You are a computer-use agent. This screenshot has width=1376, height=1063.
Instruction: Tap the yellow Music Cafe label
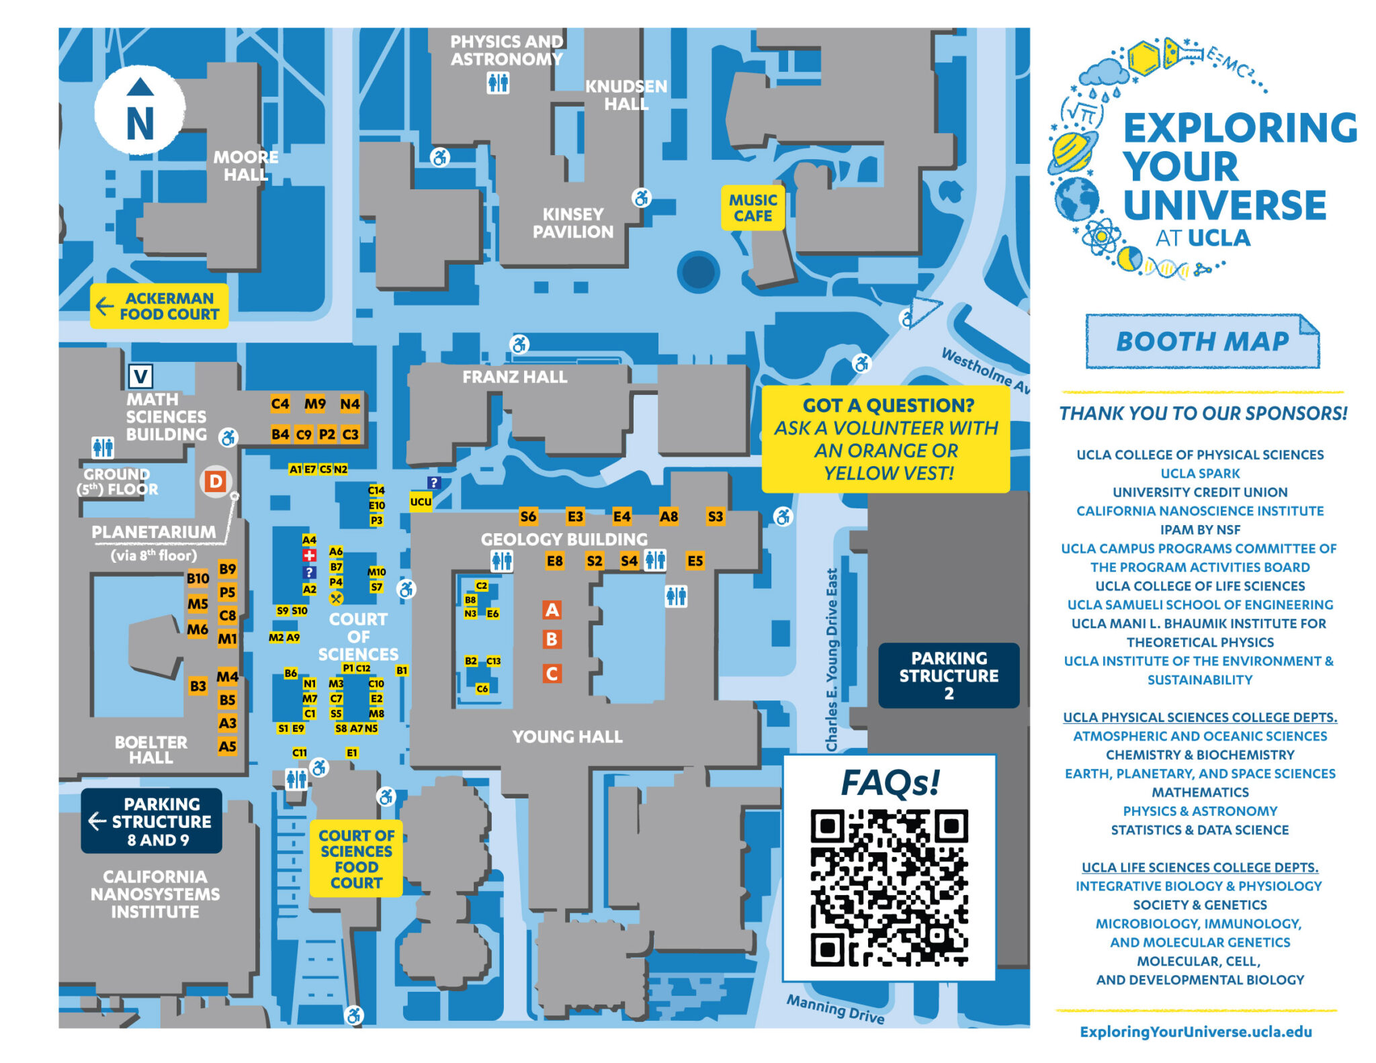point(752,208)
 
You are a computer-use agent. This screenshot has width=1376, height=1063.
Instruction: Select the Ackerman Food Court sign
point(160,306)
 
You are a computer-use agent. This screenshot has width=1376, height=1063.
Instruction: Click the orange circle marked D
point(216,481)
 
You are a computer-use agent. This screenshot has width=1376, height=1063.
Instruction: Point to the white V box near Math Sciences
point(140,376)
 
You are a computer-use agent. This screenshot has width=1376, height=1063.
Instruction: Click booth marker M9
point(315,404)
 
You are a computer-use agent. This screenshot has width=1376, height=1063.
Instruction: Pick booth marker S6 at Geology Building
point(528,516)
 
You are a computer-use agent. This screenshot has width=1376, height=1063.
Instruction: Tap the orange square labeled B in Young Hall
point(552,639)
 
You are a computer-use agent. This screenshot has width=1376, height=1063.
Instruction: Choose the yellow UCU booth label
point(421,502)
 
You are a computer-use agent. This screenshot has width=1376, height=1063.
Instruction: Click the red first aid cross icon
point(309,555)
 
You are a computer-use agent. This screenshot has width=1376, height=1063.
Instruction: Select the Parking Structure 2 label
point(949,676)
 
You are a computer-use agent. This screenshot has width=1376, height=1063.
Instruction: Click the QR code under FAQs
point(889,888)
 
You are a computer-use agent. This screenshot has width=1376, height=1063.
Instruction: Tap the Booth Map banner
point(1202,342)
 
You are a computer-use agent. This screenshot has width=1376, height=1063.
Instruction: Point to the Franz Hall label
point(515,377)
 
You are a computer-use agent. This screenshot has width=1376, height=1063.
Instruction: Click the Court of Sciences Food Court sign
point(356,859)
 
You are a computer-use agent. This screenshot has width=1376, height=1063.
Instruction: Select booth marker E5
point(695,561)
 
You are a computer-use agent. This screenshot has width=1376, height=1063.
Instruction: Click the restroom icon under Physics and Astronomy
point(498,83)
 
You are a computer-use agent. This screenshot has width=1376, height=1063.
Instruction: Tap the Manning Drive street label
point(835,1009)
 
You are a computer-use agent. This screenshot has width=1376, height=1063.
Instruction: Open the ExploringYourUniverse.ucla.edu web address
point(1196,1032)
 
